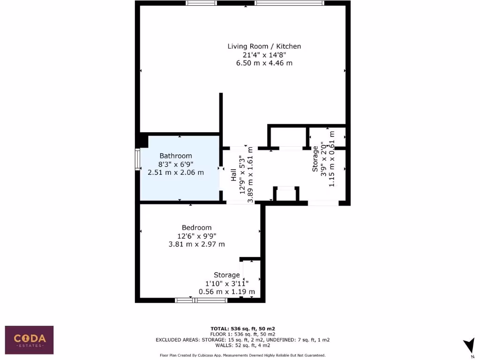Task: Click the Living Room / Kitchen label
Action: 264,46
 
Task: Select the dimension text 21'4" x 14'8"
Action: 264,55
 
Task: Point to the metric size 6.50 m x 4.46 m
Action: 264,63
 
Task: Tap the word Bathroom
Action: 176,156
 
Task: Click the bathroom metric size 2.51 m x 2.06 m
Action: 176,172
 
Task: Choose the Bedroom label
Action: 196,228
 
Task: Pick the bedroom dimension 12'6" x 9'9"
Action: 196,236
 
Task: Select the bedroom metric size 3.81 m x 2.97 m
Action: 196,244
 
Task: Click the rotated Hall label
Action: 233,175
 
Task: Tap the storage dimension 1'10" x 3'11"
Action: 227,283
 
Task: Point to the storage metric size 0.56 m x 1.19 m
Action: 227,292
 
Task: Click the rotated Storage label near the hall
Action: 315,158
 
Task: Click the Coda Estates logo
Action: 29,340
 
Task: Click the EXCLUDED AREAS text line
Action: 242,339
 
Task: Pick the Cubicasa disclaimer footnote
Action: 242,355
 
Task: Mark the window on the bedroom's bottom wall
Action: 195,300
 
